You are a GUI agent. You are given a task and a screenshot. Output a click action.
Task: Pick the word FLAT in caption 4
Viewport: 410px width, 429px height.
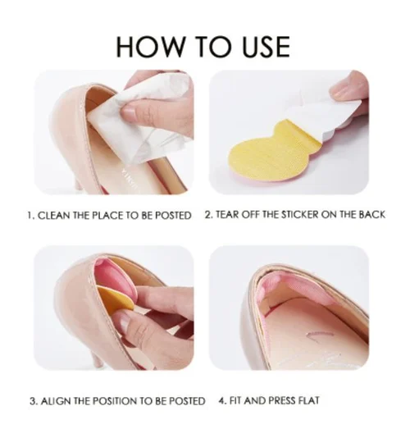[x=304, y=401]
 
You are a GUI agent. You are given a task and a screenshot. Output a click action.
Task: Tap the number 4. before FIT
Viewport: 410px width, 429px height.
[x=222, y=401]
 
